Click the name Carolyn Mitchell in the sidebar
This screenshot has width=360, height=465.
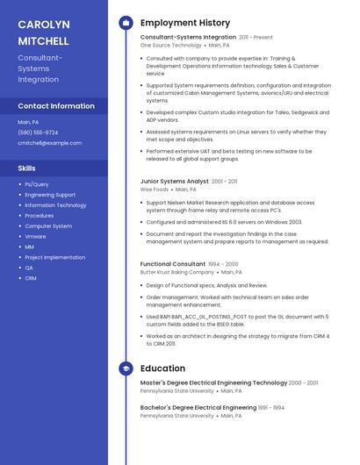44,32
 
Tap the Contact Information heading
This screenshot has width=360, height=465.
56,106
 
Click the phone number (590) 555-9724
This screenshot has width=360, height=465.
38,132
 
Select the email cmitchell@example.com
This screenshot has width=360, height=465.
49,143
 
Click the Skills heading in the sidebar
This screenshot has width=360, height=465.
27,168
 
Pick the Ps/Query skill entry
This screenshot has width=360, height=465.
37,184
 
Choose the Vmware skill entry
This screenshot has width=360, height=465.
35,237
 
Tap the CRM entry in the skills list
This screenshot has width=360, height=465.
31,278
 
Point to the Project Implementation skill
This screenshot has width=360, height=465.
55,257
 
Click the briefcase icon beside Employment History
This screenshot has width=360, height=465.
126,23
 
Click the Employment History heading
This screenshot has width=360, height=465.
185,23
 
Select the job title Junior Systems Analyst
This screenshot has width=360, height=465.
175,181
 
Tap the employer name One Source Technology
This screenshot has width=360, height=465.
171,45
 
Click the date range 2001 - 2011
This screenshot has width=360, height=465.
225,182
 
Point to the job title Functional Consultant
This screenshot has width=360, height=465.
173,264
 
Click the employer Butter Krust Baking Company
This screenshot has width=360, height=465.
177,272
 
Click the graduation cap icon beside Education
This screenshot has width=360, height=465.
126,369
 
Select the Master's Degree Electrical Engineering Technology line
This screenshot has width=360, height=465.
213,383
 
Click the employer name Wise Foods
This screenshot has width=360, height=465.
155,189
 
